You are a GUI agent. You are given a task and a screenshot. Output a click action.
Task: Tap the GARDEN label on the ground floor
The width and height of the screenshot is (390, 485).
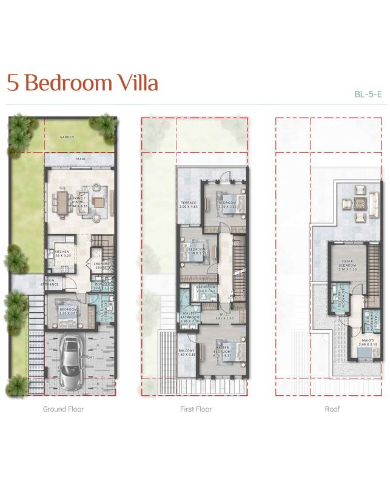click(x=67, y=137)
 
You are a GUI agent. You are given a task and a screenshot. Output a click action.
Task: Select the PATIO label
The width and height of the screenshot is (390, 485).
click(x=80, y=159)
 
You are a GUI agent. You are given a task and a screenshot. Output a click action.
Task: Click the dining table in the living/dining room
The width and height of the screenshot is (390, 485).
click(x=64, y=201)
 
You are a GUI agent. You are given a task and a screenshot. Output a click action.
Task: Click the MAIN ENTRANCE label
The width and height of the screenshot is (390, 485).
click(x=50, y=282)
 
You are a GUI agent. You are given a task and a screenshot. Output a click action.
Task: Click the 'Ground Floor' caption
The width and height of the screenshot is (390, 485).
click(x=63, y=409)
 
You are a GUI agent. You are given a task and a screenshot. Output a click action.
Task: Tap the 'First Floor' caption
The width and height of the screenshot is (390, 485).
click(x=196, y=409)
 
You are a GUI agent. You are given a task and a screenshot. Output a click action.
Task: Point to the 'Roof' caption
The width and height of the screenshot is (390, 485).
click(x=332, y=409)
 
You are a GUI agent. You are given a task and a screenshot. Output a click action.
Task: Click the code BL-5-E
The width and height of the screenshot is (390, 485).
click(x=368, y=94)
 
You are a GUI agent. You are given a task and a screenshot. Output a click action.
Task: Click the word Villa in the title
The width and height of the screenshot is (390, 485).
click(x=133, y=83)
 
